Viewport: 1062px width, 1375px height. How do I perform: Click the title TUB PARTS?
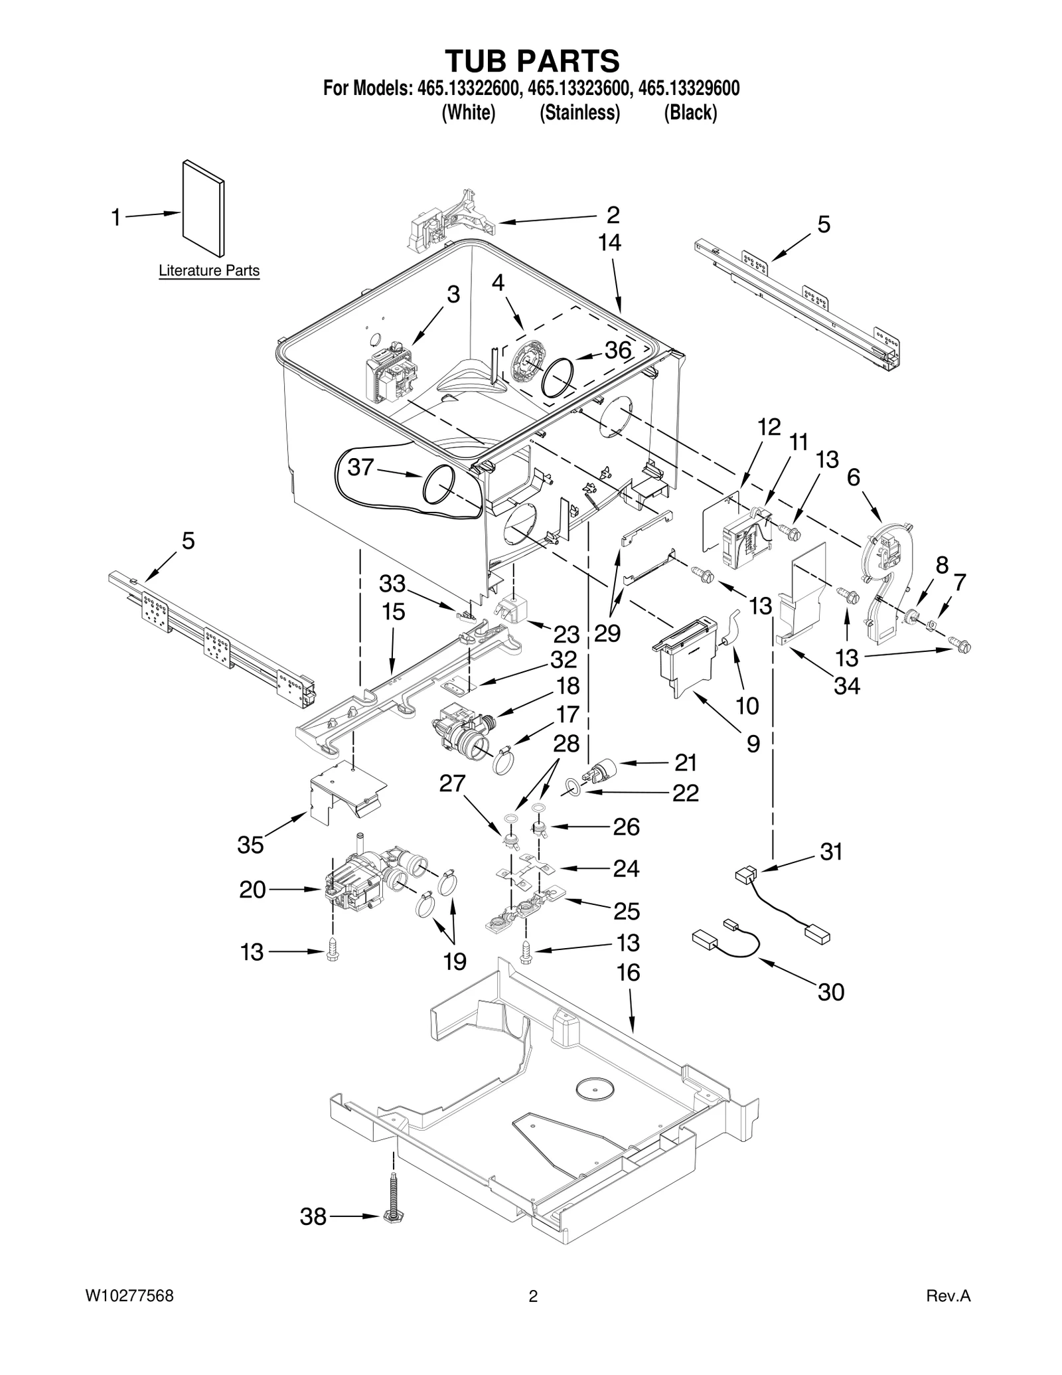click(532, 60)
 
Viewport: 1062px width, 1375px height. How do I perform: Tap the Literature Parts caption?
click(209, 271)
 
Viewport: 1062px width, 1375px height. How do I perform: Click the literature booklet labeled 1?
click(203, 208)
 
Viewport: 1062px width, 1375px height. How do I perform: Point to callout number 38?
click(313, 1217)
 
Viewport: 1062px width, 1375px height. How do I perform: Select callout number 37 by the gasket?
click(361, 467)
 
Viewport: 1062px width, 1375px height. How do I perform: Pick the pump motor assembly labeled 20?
click(358, 887)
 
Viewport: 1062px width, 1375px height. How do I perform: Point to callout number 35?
click(250, 845)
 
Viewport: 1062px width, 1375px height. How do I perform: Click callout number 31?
click(830, 851)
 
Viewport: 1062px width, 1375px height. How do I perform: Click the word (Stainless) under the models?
click(579, 113)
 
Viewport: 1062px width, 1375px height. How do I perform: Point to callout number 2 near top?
click(613, 214)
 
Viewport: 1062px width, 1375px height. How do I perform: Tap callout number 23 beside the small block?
click(566, 635)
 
